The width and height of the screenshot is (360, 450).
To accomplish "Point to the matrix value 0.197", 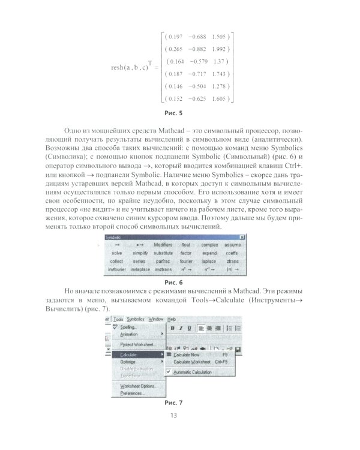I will [x=174, y=35].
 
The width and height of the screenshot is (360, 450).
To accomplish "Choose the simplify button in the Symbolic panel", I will [x=140, y=253].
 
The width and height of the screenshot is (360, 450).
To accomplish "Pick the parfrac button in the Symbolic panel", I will [x=163, y=262].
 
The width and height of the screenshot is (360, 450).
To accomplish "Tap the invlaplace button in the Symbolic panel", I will [x=140, y=270].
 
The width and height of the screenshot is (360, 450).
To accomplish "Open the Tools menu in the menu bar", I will [x=118, y=319].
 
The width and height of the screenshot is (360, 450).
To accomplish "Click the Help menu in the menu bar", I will [x=172, y=319].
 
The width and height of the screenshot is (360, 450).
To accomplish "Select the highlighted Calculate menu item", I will [x=125, y=355].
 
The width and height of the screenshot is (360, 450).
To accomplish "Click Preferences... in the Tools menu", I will [x=132, y=393].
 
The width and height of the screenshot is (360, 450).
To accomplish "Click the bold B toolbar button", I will [x=172, y=328].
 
